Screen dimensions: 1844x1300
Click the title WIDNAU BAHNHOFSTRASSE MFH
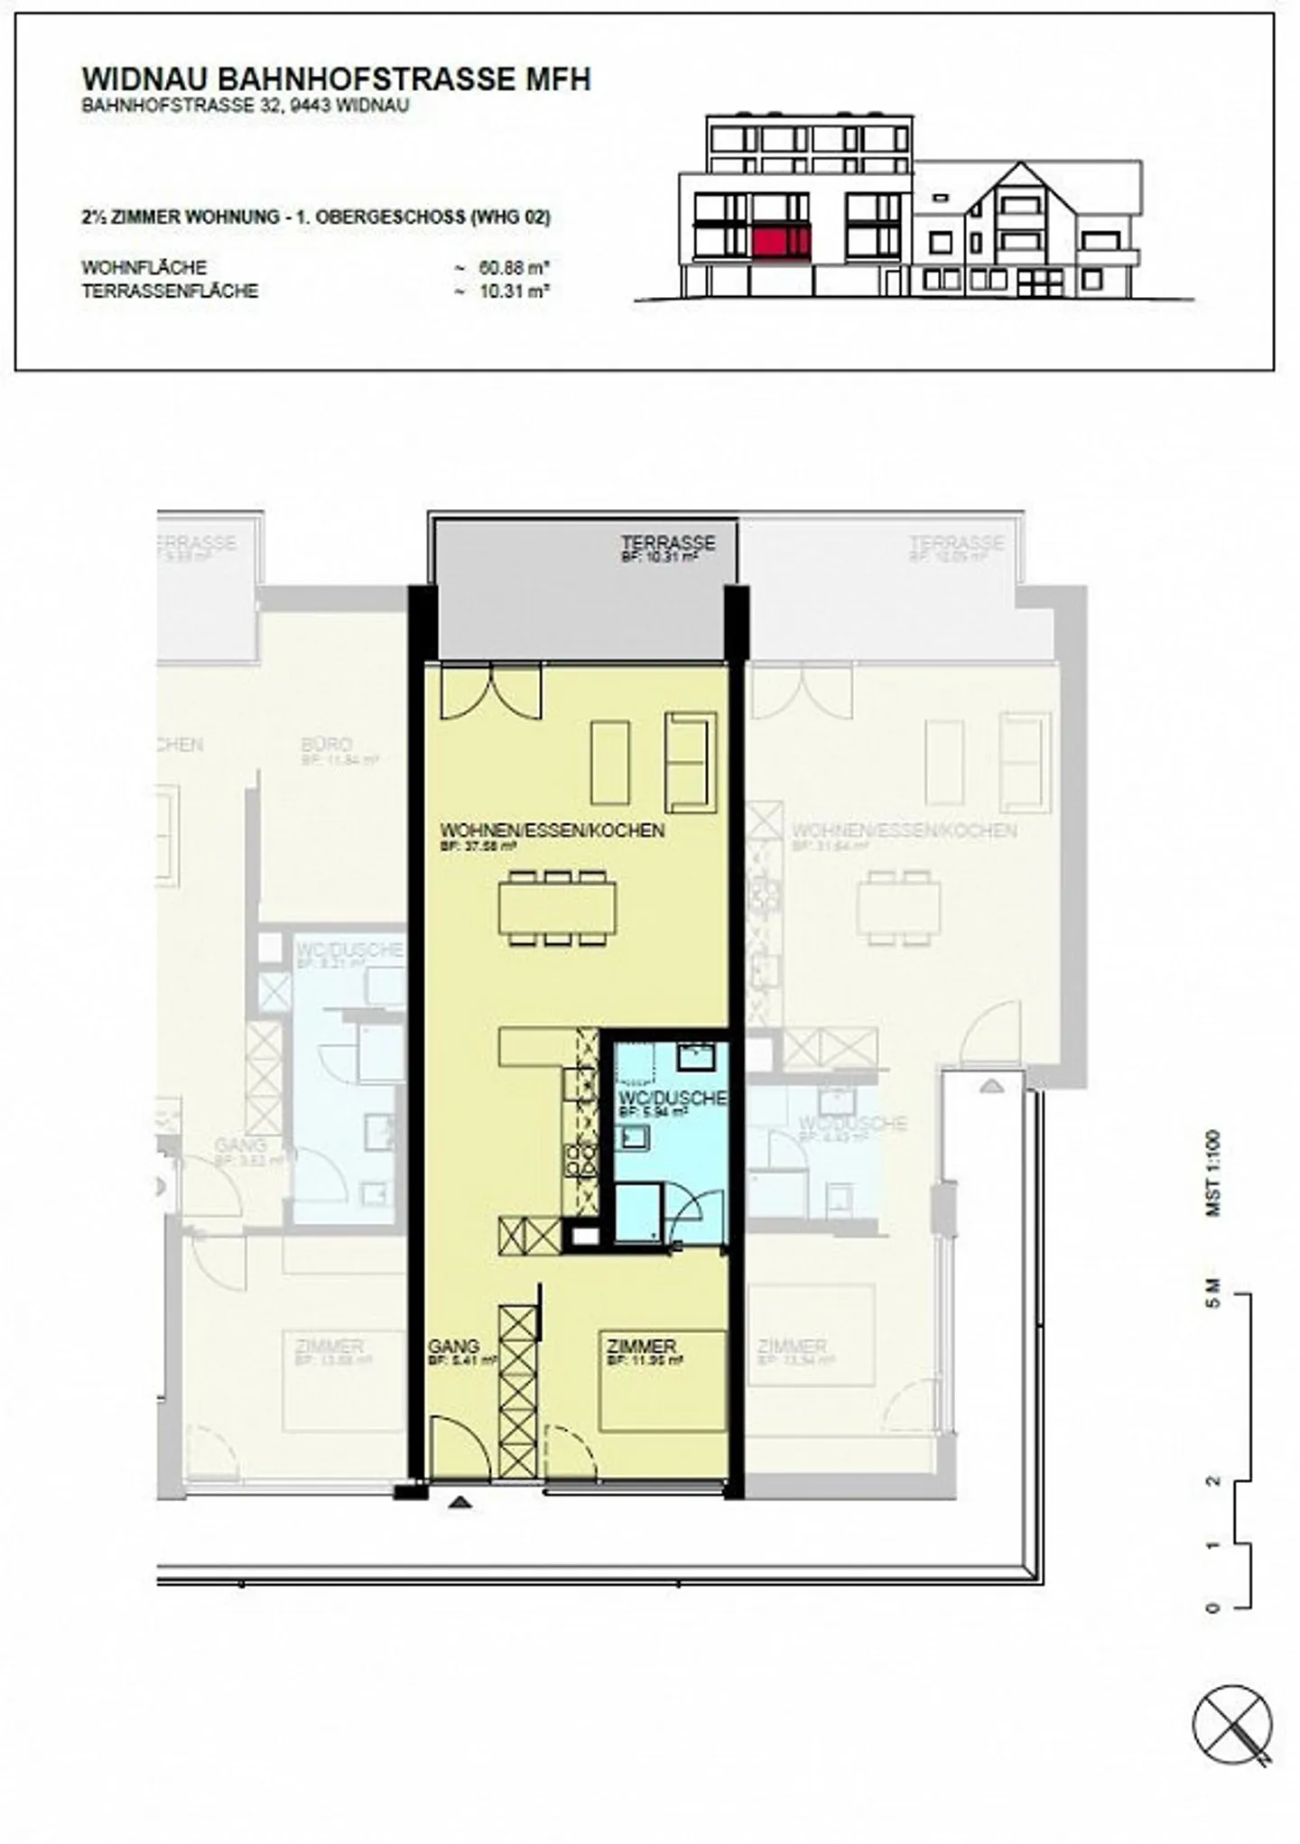point(336,79)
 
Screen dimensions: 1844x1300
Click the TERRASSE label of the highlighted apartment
point(667,543)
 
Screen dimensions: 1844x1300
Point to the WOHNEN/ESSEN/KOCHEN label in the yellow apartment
point(552,829)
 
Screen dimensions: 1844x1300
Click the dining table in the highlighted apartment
point(557,907)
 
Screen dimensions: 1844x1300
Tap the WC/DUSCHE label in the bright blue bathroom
point(672,1098)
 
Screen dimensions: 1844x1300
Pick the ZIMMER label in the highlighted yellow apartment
point(641,1347)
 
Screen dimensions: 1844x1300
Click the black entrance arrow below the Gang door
point(461,1502)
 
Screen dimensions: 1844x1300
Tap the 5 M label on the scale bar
point(1214,1293)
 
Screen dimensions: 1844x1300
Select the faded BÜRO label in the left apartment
point(326,745)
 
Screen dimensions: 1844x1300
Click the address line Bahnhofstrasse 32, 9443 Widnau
point(246,105)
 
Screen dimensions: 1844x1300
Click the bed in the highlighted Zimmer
point(664,1380)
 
